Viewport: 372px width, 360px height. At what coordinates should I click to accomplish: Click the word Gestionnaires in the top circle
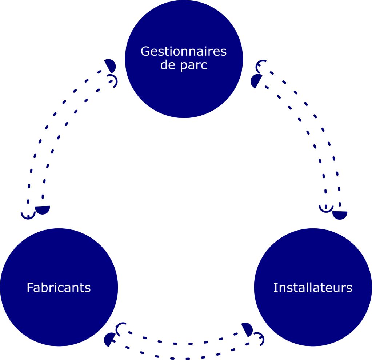point(184,52)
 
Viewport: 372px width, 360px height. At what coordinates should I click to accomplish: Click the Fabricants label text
point(59,288)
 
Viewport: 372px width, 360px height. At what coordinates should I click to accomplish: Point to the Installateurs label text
point(313,288)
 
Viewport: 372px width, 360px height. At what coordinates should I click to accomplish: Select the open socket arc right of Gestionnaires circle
point(261,66)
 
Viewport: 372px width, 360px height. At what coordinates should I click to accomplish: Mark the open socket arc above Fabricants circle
point(28,215)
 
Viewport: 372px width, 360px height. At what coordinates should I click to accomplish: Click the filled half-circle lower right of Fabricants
point(109,340)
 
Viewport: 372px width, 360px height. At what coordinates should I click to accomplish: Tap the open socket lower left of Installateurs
point(259,339)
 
